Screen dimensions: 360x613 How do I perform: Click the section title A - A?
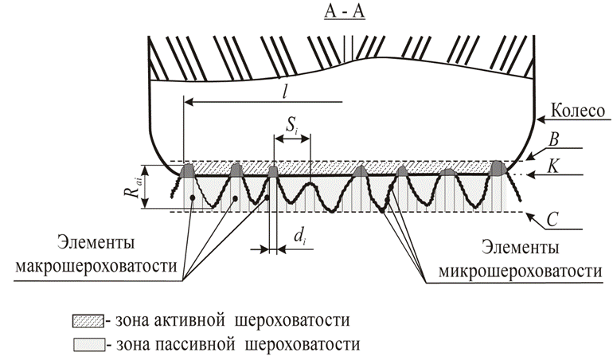pos(343,14)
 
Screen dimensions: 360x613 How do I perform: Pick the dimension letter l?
pos(284,90)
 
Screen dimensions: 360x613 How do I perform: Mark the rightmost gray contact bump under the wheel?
pos(499,168)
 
